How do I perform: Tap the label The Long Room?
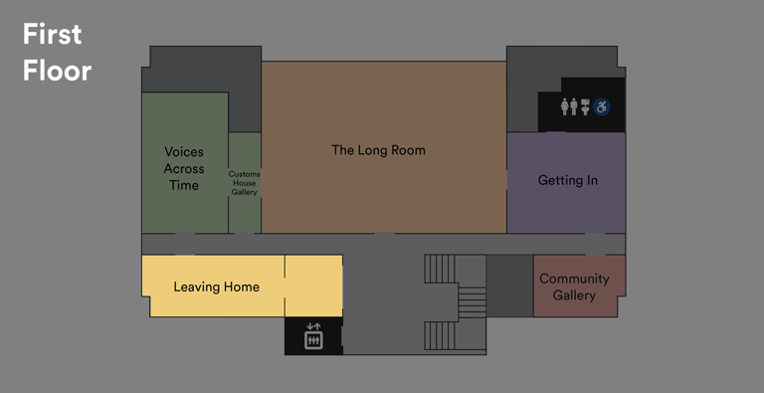point(378,150)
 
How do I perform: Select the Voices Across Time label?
point(183,168)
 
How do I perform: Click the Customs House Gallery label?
point(245,183)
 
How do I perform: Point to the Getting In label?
point(567,180)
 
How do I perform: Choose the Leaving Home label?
point(216,287)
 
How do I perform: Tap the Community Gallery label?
point(574,287)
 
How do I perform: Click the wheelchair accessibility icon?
point(603,105)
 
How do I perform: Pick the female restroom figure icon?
point(565,105)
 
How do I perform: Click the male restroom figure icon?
point(575,105)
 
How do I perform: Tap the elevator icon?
point(313,336)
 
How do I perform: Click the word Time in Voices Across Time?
point(183,185)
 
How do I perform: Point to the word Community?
point(574,279)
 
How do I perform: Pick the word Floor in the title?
point(57,71)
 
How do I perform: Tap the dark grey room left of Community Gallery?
point(509,286)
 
